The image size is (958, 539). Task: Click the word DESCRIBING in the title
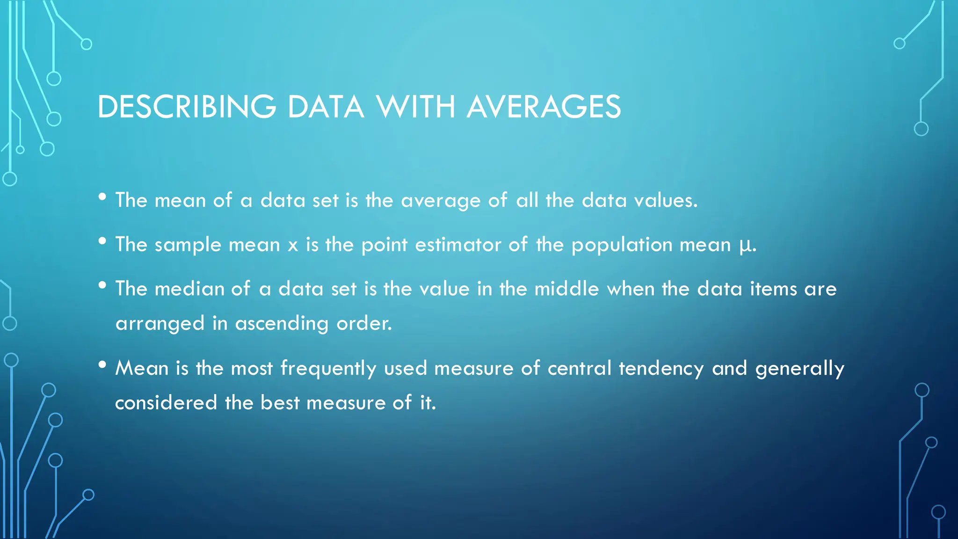(x=187, y=107)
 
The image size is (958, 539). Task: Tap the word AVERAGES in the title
(x=544, y=107)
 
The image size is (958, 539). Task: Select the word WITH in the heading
(x=416, y=107)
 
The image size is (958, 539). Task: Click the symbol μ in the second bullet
(x=744, y=245)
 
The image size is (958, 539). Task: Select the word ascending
(x=282, y=324)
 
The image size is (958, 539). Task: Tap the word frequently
(x=328, y=369)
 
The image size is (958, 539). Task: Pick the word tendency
(x=661, y=369)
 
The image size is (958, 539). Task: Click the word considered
(x=166, y=403)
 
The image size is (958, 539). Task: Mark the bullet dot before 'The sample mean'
(x=102, y=241)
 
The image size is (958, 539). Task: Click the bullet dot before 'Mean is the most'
(x=102, y=365)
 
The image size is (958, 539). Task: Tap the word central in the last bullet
(x=579, y=368)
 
